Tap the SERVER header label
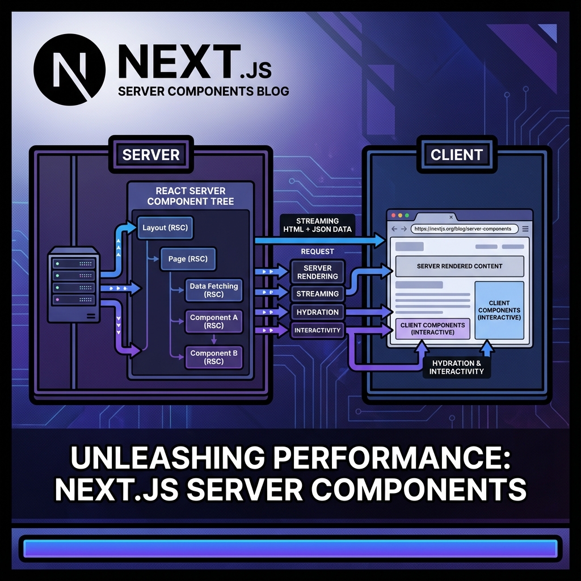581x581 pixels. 151,154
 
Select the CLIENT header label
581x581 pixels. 456,154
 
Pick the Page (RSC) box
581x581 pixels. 188,259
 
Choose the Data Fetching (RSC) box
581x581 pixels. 214,290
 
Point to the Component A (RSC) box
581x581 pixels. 214,322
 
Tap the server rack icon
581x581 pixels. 73,284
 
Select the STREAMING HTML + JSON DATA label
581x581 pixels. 317,225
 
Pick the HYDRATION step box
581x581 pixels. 317,312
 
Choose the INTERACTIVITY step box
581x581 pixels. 317,330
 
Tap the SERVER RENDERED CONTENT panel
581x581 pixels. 460,266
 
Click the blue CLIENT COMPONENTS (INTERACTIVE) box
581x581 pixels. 499,310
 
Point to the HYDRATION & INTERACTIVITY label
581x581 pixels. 456,367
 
